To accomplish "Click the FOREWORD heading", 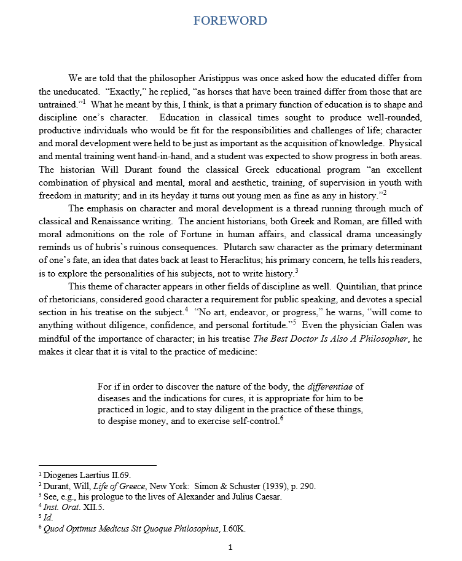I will click(x=230, y=21).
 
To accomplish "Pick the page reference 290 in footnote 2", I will click(x=308, y=486).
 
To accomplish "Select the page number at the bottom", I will click(x=230, y=547).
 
